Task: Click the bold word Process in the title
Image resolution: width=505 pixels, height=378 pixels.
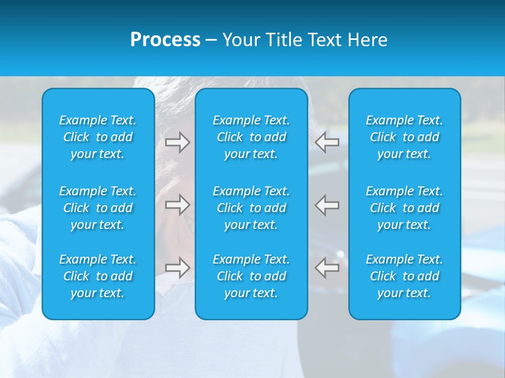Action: coord(165,40)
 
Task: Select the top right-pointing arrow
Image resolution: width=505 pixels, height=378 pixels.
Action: coord(177,142)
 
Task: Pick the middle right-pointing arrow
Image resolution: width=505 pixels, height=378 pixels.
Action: coord(177,205)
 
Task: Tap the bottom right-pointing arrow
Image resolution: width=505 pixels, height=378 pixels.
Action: coord(177,268)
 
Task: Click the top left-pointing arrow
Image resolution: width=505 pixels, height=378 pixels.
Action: coord(327,142)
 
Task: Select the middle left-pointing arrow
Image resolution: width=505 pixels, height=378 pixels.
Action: coord(327,205)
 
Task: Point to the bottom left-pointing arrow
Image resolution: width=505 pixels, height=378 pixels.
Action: coord(327,268)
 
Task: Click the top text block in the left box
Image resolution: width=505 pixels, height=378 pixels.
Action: coord(98,137)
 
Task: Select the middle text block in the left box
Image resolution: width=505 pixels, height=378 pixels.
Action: coord(98,208)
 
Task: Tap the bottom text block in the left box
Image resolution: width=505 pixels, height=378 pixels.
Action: coord(98,276)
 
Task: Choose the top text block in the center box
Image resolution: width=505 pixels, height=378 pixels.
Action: coord(251,137)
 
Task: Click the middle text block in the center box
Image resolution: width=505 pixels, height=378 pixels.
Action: coord(251,208)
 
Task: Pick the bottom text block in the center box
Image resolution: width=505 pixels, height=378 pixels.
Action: coord(251,276)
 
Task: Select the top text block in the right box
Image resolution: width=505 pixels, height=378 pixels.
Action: coord(405,137)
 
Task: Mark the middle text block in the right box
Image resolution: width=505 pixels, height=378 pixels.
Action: coord(405,208)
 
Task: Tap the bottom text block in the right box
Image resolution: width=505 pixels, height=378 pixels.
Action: coord(405,276)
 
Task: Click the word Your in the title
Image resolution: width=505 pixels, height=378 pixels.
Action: coord(239,40)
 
